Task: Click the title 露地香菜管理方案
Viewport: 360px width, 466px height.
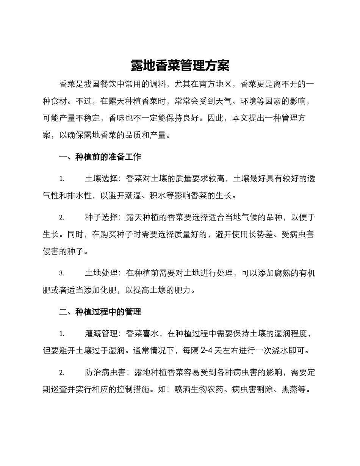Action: coord(180,66)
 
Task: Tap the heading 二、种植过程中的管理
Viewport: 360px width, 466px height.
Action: coord(100,312)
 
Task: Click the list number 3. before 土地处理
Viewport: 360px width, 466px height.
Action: coord(62,273)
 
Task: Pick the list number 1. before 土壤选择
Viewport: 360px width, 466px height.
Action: coord(62,179)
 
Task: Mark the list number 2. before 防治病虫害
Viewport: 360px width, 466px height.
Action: coord(62,373)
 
